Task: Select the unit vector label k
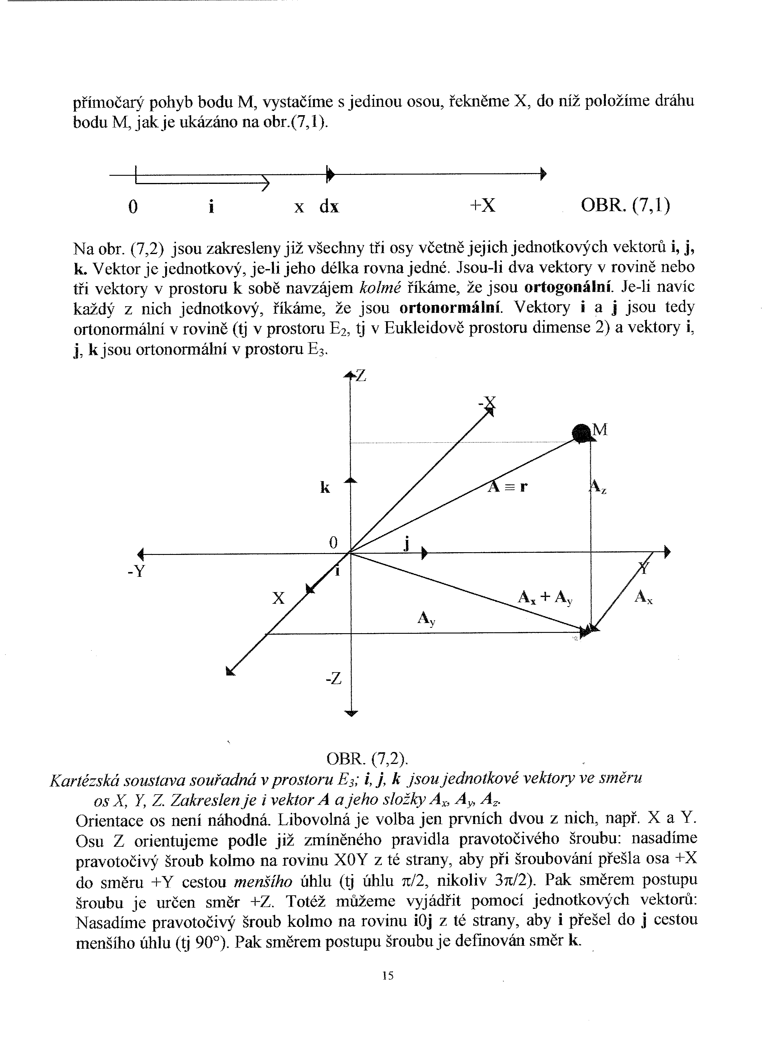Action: [x=325, y=487]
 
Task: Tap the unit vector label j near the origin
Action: [x=406, y=543]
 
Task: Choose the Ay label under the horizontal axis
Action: [x=426, y=619]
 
